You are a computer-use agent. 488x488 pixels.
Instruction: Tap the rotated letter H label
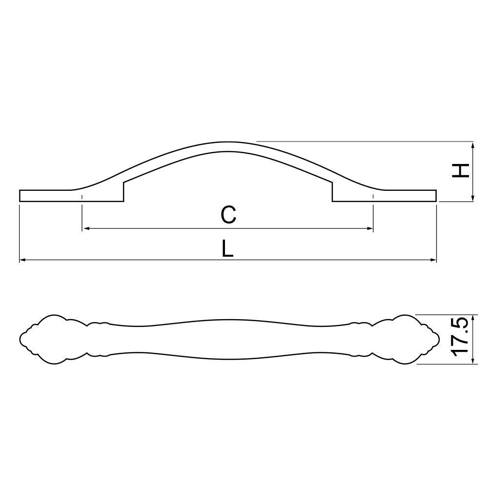461,170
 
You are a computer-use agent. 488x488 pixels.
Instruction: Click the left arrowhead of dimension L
23,260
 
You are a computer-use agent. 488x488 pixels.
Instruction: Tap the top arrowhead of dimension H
473,145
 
